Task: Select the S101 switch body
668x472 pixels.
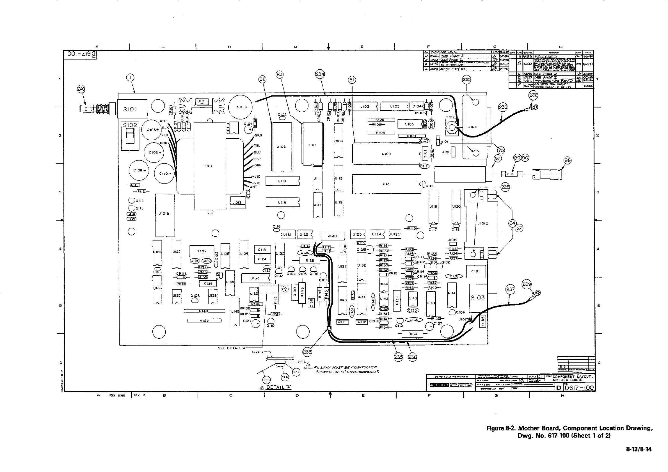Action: [x=132, y=109]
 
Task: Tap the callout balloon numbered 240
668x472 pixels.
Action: [x=81, y=89]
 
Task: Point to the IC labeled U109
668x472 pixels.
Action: [x=386, y=153]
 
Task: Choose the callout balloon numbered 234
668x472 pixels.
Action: [x=320, y=74]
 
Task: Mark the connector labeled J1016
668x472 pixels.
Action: [x=165, y=215]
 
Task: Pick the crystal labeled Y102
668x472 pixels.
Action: [x=202, y=251]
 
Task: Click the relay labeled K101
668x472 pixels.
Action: [x=476, y=271]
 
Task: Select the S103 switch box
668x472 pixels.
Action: [x=478, y=298]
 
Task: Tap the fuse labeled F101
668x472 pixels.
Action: [x=511, y=174]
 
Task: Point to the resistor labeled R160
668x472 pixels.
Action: [x=413, y=334]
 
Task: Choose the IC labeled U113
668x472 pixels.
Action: [x=386, y=184]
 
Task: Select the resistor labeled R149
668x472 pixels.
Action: [x=204, y=311]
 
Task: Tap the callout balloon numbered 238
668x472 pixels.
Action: [x=307, y=352]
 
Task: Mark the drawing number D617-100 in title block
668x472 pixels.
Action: [x=579, y=388]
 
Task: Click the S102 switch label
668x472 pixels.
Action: [x=130, y=125]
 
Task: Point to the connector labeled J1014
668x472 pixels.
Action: [x=332, y=236]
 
